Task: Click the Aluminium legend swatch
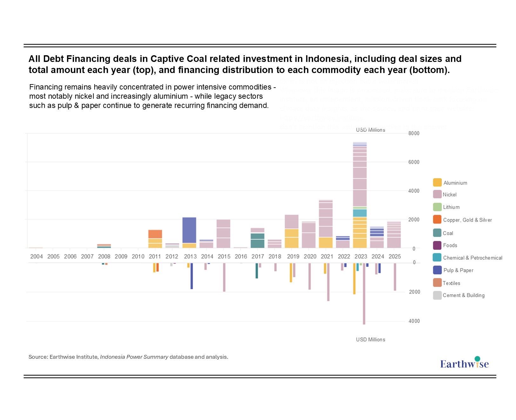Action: [x=437, y=183]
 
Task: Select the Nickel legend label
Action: [x=449, y=195]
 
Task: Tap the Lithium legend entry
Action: [x=451, y=207]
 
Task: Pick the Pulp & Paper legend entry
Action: [x=458, y=270]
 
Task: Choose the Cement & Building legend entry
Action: [x=463, y=295]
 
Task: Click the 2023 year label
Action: [x=361, y=257]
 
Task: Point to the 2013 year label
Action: [x=190, y=257]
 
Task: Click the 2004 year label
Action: [x=37, y=257]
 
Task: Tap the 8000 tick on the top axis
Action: [x=414, y=133]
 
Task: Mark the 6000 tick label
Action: [x=414, y=162]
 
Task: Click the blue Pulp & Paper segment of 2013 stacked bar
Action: [x=189, y=230]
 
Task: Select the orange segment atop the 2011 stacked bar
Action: [x=155, y=234]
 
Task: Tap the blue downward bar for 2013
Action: [x=192, y=276]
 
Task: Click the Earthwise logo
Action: [x=464, y=363]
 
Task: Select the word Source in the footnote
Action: [x=38, y=357]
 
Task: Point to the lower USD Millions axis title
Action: [x=370, y=340]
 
